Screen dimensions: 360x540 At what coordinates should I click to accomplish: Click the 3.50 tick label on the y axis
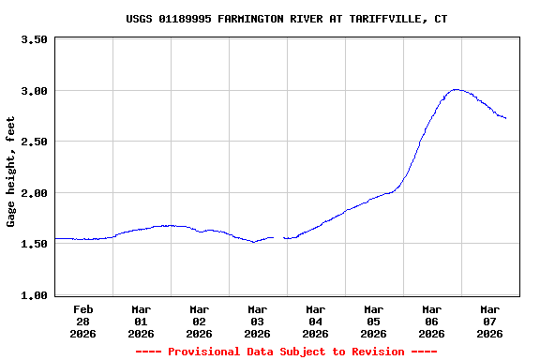click(x=34, y=40)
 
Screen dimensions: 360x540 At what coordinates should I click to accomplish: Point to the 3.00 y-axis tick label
click(x=34, y=91)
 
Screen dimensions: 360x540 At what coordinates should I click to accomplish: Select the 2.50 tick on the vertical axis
click(x=34, y=142)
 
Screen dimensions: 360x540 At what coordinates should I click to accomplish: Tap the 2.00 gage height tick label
click(x=34, y=193)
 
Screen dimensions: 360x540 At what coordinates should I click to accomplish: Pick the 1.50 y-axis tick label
click(x=34, y=244)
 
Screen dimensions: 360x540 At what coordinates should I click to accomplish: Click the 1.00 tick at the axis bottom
click(x=34, y=295)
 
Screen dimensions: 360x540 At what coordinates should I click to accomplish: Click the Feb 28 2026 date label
click(x=83, y=321)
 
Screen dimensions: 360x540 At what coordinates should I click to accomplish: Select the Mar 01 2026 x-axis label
click(x=142, y=321)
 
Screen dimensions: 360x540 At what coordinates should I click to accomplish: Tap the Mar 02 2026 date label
click(x=200, y=321)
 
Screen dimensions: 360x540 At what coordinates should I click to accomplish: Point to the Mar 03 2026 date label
click(x=258, y=321)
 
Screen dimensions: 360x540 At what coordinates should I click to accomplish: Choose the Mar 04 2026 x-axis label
click(x=316, y=321)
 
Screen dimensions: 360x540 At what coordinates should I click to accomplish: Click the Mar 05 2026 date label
click(x=374, y=321)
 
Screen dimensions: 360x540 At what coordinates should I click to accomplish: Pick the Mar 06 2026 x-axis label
click(x=432, y=321)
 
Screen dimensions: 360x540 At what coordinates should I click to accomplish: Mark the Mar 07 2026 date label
click(x=490, y=321)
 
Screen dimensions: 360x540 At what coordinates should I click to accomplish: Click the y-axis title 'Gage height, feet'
click(x=11, y=172)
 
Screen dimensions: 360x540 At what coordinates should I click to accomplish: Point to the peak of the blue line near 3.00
click(x=456, y=90)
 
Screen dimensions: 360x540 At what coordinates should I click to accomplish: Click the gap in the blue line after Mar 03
click(x=278, y=238)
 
